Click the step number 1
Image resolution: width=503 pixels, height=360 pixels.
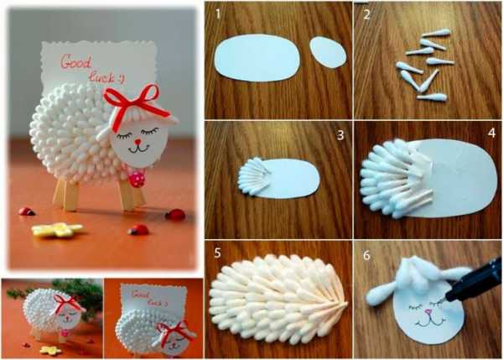click(218, 14)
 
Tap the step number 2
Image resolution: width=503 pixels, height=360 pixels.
click(367, 14)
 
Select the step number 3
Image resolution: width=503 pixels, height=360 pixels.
click(340, 135)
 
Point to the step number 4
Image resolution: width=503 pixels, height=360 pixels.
click(491, 133)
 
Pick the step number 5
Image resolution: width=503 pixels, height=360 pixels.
click(217, 253)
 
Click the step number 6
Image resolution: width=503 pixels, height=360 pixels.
click(366, 255)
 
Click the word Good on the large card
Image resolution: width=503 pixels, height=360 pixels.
click(76, 61)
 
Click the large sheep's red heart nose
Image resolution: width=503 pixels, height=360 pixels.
click(137, 142)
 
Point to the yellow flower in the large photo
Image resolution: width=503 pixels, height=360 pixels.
click(57, 230)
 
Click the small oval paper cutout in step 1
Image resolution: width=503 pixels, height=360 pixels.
click(328, 52)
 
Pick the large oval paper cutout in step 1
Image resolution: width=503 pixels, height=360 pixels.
click(257, 58)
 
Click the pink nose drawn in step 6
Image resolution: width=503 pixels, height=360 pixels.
click(428, 311)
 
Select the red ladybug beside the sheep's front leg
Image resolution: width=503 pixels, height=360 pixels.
click(175, 215)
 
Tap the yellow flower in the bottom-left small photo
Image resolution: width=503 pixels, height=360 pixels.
click(50, 350)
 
